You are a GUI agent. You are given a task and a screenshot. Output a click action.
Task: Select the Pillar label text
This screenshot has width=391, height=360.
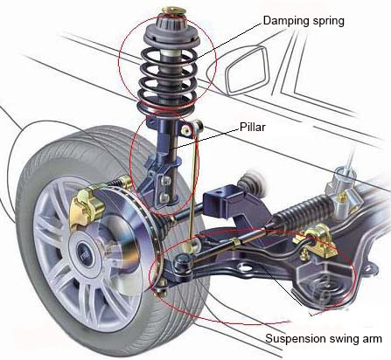tap(253, 128)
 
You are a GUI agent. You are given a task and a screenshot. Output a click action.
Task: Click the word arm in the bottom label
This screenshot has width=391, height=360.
tap(371, 340)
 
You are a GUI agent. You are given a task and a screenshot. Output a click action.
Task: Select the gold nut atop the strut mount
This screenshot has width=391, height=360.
tap(174, 10)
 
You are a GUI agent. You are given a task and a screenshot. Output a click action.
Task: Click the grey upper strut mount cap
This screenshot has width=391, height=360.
tap(171, 31)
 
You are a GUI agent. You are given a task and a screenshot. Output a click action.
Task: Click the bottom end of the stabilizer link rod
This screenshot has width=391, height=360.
tap(191, 245)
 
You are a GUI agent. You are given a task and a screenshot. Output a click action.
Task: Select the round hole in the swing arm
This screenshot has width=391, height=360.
tap(245, 267)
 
